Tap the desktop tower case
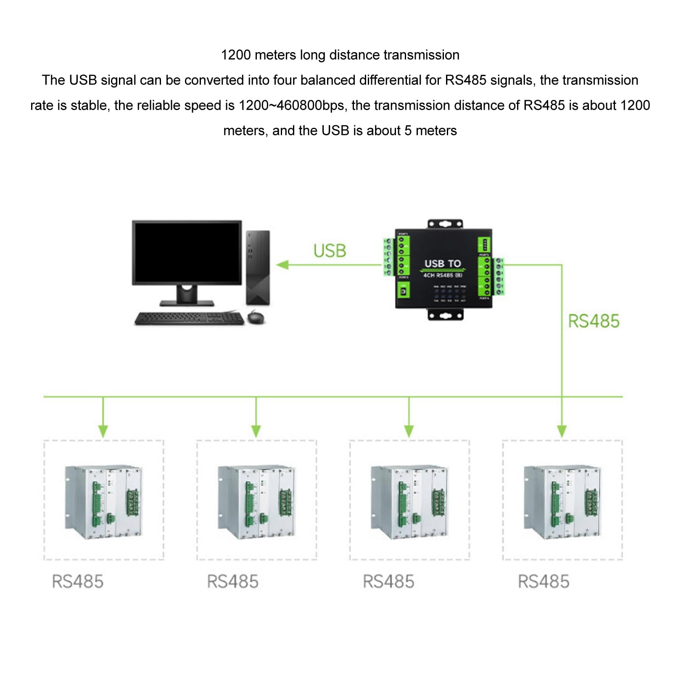(258, 267)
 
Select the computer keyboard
(189, 318)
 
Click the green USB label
(330, 251)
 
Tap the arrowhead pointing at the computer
(282, 265)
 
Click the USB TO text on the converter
(443, 264)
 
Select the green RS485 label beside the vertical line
(594, 321)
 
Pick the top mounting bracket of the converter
(445, 224)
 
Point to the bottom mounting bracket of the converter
(445, 314)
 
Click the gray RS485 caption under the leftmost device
(78, 582)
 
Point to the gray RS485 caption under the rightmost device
(544, 582)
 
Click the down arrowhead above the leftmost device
(103, 431)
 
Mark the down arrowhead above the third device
(409, 431)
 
